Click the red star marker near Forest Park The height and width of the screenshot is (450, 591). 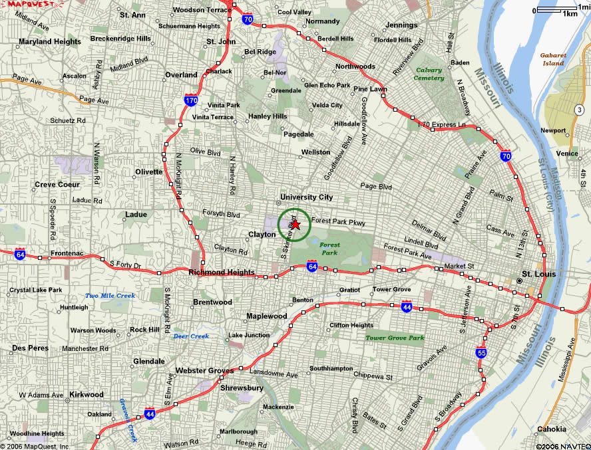click(296, 225)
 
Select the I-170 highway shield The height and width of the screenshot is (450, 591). click(191, 101)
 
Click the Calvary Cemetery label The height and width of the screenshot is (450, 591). click(429, 74)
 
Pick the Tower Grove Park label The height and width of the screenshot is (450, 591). click(395, 338)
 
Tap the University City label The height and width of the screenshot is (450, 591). click(306, 197)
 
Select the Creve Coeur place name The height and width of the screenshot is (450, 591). click(57, 184)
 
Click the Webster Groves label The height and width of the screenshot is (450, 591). click(204, 370)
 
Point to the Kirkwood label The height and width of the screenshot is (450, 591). click(87, 394)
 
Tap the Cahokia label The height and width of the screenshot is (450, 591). click(552, 429)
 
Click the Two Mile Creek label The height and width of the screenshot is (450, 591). click(110, 295)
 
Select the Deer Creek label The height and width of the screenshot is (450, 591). click(191, 336)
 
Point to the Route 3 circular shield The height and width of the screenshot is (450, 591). click(579, 109)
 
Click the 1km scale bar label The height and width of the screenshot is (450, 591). click(570, 13)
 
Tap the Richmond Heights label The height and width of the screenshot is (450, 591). click(222, 273)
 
